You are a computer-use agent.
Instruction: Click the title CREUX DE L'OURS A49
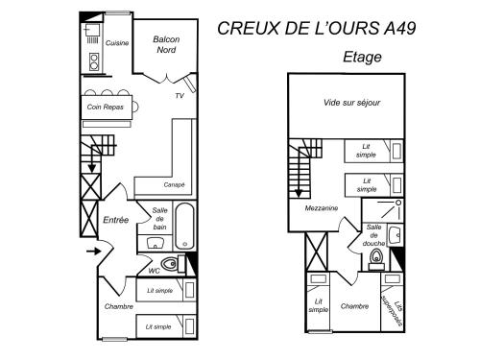click(x=317, y=28)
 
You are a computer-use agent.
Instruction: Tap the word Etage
click(x=362, y=58)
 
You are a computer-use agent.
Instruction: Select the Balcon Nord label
click(x=166, y=44)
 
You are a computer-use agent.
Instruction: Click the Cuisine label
click(x=117, y=43)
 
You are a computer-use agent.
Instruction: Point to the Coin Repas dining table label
click(x=106, y=107)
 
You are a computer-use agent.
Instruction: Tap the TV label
click(x=180, y=96)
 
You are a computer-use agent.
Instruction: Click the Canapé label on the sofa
click(x=174, y=184)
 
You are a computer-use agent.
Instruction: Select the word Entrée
click(x=116, y=220)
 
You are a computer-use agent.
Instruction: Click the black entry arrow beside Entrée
click(x=93, y=252)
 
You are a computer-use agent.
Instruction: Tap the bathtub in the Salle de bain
click(x=185, y=226)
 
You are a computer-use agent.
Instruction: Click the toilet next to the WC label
click(x=170, y=264)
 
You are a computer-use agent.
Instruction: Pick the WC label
click(x=154, y=271)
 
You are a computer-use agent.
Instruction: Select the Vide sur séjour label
click(x=351, y=103)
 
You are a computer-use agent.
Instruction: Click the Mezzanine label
click(x=322, y=208)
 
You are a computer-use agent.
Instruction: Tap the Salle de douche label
click(x=373, y=235)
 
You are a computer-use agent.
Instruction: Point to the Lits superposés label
click(x=392, y=310)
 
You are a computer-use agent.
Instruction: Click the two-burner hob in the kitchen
click(x=94, y=62)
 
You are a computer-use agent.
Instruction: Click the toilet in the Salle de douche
click(x=376, y=258)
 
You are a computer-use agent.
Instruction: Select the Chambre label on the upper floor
click(x=354, y=306)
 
